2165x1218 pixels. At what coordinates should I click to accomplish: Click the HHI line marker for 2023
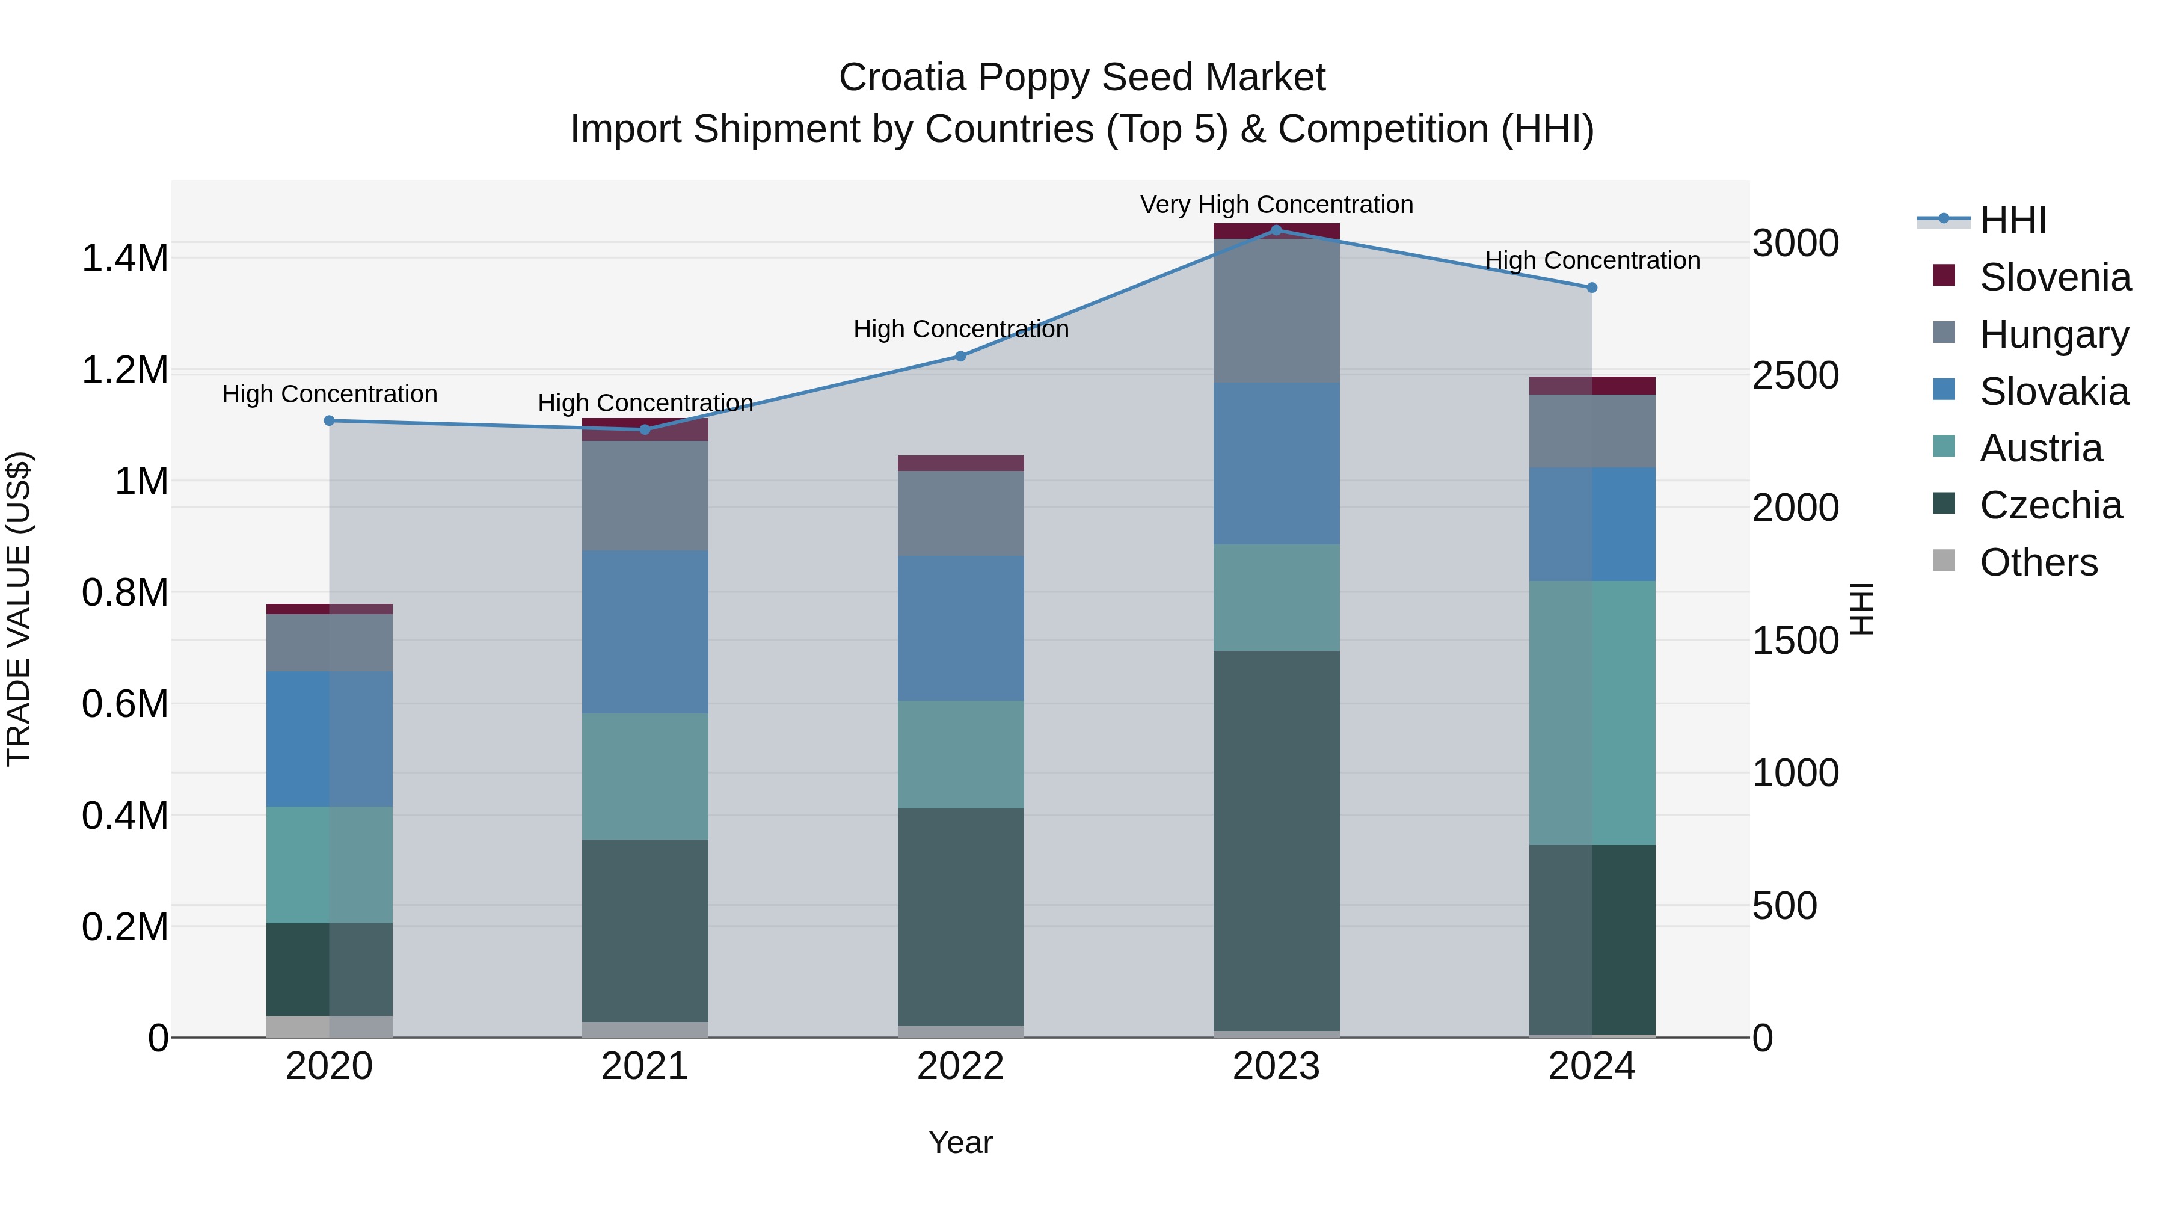(1276, 230)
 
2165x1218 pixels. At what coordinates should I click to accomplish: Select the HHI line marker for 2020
(330, 420)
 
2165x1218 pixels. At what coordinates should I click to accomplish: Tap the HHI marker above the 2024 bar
(1591, 288)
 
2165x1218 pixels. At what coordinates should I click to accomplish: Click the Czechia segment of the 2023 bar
(1276, 841)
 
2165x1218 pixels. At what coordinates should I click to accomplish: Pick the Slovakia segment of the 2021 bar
(645, 632)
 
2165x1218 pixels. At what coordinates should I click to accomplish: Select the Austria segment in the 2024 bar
(1591, 712)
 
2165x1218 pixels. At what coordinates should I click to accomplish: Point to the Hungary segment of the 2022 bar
(960, 512)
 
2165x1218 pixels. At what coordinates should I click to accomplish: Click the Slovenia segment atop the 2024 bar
(1591, 385)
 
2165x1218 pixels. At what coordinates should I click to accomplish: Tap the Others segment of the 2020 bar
(330, 1026)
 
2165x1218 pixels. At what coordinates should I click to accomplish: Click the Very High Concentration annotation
(1276, 205)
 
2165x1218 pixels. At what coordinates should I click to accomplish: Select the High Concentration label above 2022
(960, 328)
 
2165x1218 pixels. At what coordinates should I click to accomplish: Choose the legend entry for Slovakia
(2053, 391)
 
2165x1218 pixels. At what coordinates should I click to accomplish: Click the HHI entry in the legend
(2012, 220)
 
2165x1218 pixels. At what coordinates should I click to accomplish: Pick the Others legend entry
(2038, 562)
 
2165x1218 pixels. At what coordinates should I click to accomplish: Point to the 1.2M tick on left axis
(124, 370)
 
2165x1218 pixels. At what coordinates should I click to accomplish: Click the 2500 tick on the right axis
(1795, 376)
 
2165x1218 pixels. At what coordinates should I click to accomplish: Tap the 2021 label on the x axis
(645, 1066)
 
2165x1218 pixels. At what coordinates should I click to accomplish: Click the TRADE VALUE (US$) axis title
(19, 609)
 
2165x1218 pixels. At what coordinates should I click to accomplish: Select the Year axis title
(960, 1142)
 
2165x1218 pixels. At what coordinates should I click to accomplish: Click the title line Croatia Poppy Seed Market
(1082, 78)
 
